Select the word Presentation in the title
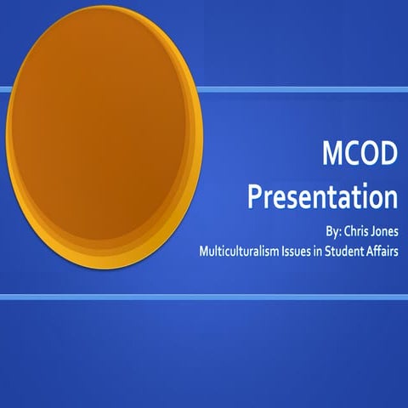(x=322, y=196)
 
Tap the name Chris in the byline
(x=345, y=230)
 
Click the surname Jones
(x=382, y=230)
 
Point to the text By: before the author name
(x=314, y=230)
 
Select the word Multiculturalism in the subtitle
(x=237, y=252)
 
